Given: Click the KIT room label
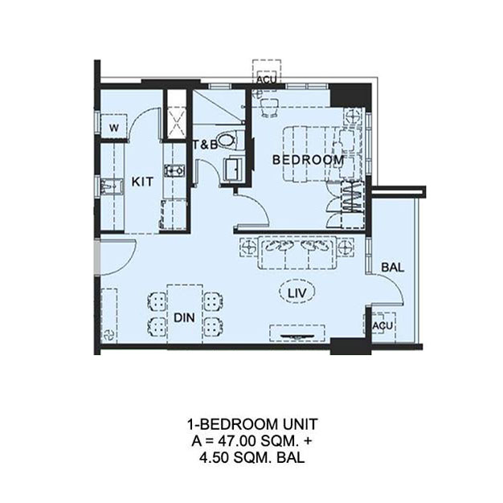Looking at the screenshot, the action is [x=142, y=182].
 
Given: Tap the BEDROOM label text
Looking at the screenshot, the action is [x=309, y=160].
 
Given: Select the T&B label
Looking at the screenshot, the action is [x=205, y=145].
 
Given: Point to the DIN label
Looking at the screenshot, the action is [x=184, y=317].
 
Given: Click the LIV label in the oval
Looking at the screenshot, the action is [x=297, y=292].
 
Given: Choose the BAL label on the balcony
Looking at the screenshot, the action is [x=393, y=268].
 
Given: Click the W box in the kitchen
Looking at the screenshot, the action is [x=113, y=127].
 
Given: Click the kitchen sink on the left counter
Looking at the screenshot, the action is [x=111, y=186].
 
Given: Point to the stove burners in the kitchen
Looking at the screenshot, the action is [x=174, y=170].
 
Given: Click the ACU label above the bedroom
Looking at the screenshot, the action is [x=266, y=80].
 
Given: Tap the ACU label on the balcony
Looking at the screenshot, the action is [x=382, y=325].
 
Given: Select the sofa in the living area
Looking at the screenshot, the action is [x=297, y=252].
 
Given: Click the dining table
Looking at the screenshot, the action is [x=185, y=313].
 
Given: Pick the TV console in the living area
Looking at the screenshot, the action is [x=297, y=333].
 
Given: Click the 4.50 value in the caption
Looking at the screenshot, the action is [x=213, y=458].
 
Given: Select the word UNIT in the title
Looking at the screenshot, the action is [x=300, y=425].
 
